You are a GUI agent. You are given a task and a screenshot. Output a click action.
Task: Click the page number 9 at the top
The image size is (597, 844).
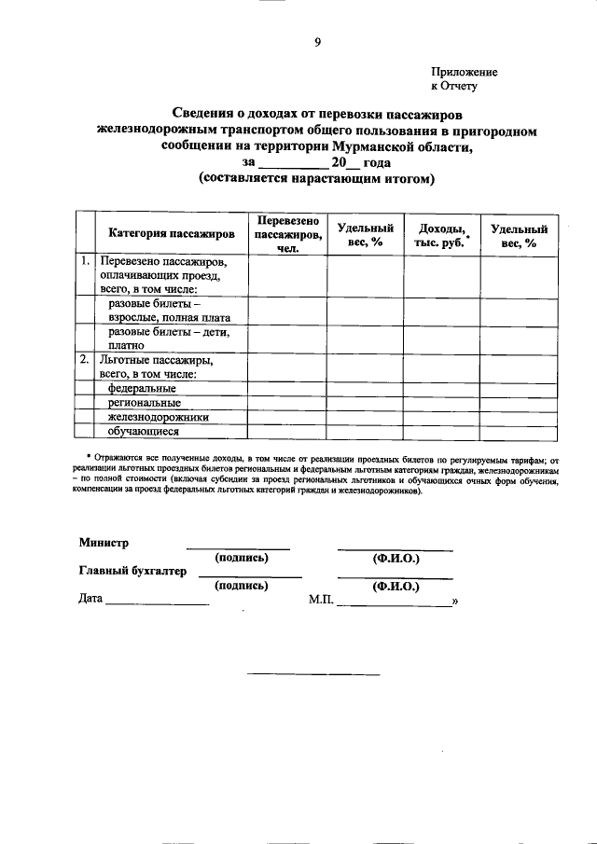click(x=317, y=42)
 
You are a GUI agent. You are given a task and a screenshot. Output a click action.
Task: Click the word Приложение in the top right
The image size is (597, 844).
click(x=464, y=72)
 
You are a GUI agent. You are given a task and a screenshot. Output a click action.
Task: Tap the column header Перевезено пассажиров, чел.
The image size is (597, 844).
click(x=286, y=233)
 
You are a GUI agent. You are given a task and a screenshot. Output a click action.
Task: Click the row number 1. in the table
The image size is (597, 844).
click(x=85, y=262)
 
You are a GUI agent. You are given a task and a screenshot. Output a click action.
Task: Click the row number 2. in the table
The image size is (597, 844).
click(x=85, y=359)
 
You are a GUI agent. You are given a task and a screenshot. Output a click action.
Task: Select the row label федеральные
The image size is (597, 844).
click(x=142, y=388)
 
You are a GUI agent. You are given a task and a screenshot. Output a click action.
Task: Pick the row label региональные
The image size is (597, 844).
click(x=145, y=403)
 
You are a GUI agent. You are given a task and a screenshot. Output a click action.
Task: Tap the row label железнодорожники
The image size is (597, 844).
click(x=158, y=417)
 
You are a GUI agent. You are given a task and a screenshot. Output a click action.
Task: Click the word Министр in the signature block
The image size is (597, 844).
click(x=104, y=543)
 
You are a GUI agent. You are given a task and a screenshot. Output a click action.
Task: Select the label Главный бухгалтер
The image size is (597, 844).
click(x=132, y=571)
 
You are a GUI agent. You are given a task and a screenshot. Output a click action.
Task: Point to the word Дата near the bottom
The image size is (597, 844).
click(x=90, y=600)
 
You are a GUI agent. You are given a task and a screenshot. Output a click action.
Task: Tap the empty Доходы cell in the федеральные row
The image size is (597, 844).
click(x=441, y=388)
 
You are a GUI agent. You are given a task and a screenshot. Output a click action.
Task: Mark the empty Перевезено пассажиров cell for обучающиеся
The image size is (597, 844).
click(x=286, y=431)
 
